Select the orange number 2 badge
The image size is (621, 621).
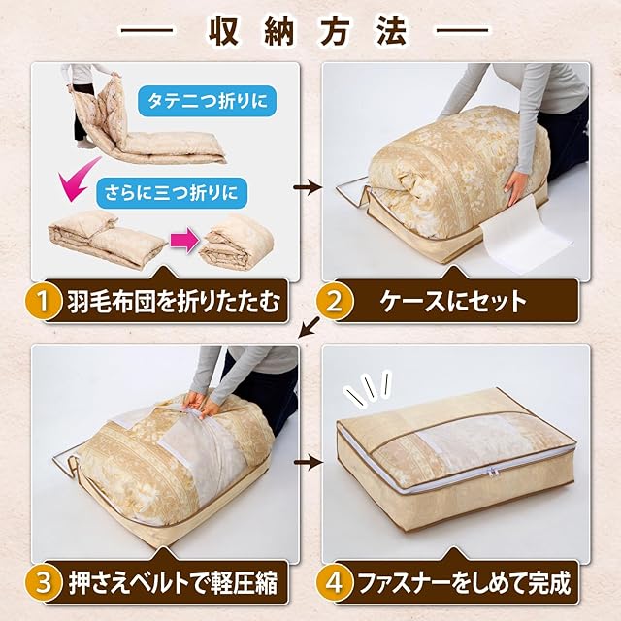pos(334,302)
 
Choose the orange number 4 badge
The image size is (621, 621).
pos(334,582)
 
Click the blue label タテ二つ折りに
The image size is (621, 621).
pos(207,101)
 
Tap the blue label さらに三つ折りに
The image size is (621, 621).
pos(172,193)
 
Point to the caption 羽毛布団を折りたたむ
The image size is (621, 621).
pos(174,302)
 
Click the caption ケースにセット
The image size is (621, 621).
pos(453,302)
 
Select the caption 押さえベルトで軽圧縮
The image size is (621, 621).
pos(174,583)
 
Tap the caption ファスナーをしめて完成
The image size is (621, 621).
pos(464,583)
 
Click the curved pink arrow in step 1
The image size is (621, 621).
pos(78,179)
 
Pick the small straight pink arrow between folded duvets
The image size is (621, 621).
pos(184,240)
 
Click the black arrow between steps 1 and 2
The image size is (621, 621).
pos(308,187)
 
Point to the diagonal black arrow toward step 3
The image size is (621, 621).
pos(310,327)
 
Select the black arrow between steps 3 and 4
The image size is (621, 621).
pos(308,462)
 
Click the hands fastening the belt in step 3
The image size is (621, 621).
pos(201,406)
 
